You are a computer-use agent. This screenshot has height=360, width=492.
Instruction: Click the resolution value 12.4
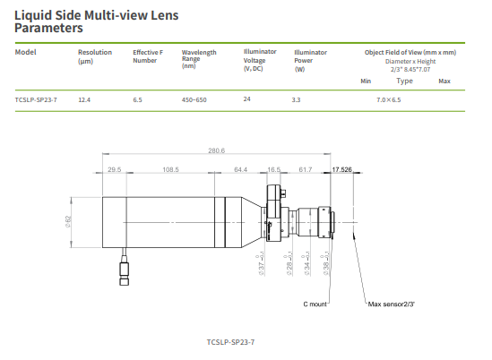pyautogui.click(x=85, y=99)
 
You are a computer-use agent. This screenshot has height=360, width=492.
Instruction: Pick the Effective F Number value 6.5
pyautogui.click(x=137, y=99)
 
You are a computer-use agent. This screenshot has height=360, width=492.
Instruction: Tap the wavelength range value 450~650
pyautogui.click(x=194, y=99)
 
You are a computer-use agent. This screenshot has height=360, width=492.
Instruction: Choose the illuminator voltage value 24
pyautogui.click(x=246, y=99)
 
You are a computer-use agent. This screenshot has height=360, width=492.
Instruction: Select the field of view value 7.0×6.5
pyautogui.click(x=389, y=99)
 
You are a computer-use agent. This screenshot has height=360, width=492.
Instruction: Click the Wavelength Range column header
pyautogui.click(x=198, y=58)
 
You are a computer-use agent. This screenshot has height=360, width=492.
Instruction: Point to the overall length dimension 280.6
pyautogui.click(x=216, y=150)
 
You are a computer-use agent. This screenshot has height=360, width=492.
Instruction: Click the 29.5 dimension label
pyautogui.click(x=114, y=168)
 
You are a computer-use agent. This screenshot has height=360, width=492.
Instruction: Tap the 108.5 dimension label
pyautogui.click(x=170, y=168)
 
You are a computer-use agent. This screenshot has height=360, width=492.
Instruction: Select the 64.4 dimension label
pyautogui.click(x=240, y=168)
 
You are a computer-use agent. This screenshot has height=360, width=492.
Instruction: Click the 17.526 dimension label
pyautogui.click(x=341, y=168)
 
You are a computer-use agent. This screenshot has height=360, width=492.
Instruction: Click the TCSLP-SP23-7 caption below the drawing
pyautogui.click(x=230, y=342)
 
